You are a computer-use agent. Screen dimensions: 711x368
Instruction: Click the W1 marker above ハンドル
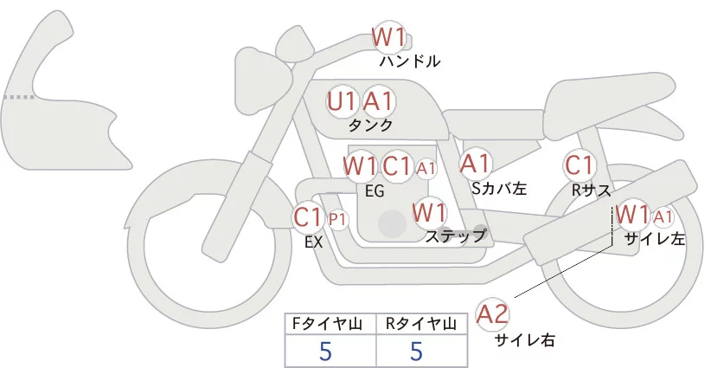click(388, 37)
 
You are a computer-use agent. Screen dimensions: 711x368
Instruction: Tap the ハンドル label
click(410, 61)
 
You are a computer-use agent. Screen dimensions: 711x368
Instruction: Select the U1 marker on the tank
click(343, 101)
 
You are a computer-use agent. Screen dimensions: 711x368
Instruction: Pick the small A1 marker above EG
click(426, 166)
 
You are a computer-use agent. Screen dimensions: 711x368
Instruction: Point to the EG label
click(375, 190)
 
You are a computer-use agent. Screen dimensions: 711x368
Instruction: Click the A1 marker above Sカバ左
click(476, 163)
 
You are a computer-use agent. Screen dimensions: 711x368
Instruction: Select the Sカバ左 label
click(499, 187)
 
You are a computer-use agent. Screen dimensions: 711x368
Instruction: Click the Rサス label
click(592, 188)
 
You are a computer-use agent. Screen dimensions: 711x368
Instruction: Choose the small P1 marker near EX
click(337, 219)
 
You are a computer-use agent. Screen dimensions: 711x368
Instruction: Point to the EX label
click(313, 242)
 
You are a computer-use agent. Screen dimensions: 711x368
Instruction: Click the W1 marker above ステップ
click(429, 211)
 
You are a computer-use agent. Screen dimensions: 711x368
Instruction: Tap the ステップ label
click(455, 235)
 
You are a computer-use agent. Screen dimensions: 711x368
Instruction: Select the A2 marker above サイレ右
click(493, 313)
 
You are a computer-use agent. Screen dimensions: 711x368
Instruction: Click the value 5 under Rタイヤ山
click(416, 351)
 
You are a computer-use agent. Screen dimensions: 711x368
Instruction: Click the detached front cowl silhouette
click(52, 95)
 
